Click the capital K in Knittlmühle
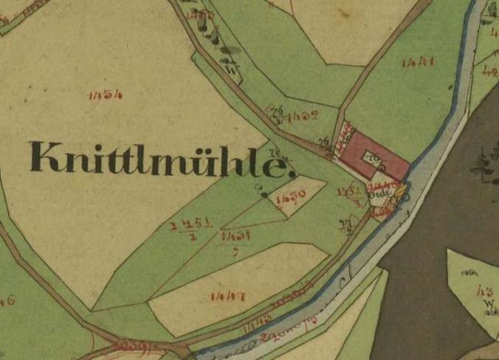[x=44, y=157]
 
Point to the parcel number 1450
[x=290, y=199]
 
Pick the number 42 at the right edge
[x=489, y=72]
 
